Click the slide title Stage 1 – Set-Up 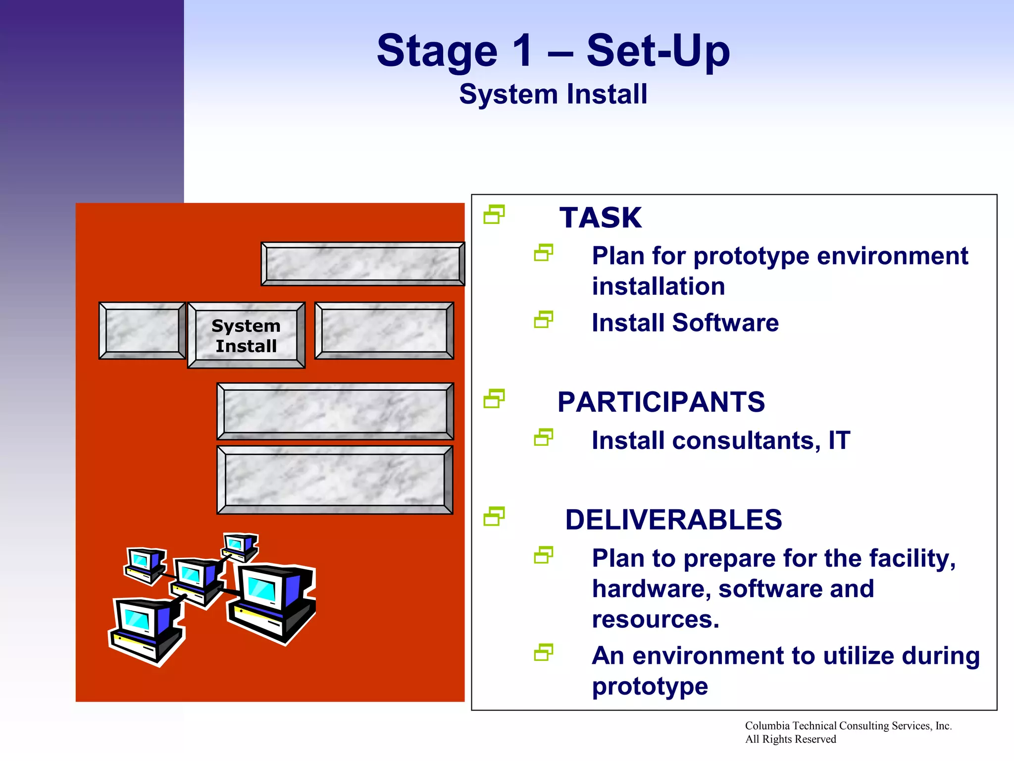(553, 51)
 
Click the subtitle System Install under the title (553, 94)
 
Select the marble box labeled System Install (246, 335)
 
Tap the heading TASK (600, 218)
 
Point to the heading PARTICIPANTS (661, 402)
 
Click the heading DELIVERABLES (673, 520)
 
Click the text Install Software (685, 323)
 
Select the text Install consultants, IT (721, 440)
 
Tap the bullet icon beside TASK (494, 215)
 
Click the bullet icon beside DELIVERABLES (494, 516)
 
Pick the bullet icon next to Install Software (543, 320)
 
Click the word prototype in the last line (650, 686)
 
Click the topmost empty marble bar (362, 264)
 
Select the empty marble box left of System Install (142, 330)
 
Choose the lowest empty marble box (335, 480)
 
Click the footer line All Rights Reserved (790, 739)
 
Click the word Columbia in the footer (767, 726)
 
